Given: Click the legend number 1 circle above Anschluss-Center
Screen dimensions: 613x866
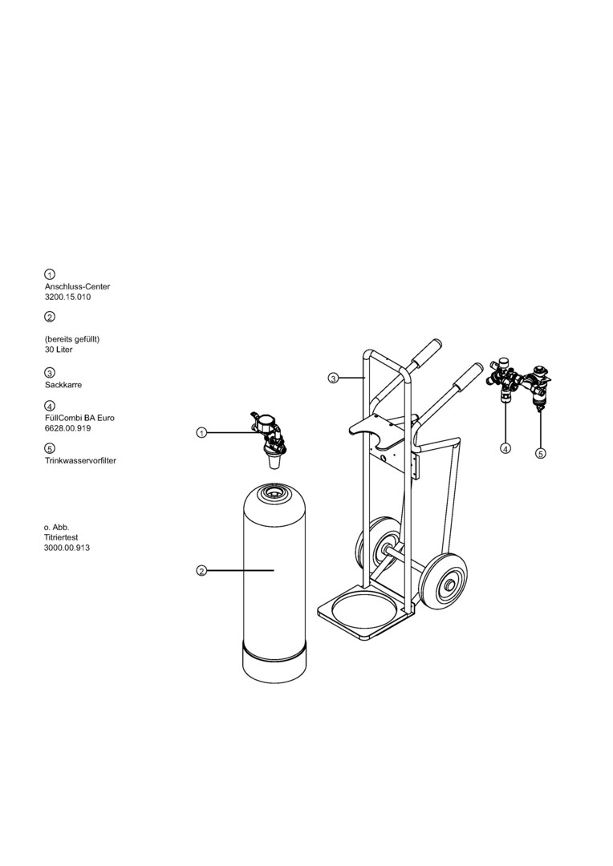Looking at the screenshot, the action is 50,274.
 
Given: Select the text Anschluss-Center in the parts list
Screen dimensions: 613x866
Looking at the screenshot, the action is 77,286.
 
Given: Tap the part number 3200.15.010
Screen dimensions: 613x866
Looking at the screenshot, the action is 67,297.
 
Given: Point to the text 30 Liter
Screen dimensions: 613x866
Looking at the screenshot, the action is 59,350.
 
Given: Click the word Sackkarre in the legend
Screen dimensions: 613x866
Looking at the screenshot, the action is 63,385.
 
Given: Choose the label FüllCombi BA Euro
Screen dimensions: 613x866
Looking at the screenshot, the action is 79,418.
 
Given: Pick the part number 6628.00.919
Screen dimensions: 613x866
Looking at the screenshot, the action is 67,428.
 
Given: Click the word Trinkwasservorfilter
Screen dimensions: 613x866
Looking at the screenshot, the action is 81,460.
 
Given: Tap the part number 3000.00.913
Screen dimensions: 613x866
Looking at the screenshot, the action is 67,548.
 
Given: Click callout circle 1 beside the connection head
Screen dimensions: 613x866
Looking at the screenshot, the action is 201,433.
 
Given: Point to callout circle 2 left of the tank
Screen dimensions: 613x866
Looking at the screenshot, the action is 201,571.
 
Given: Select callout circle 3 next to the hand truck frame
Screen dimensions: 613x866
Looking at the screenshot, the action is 333,378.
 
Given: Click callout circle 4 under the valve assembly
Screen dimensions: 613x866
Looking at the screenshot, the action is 505,448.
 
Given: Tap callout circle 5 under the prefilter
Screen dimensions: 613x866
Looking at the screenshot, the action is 541,453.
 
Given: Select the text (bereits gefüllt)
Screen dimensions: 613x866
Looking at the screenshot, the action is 72,339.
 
